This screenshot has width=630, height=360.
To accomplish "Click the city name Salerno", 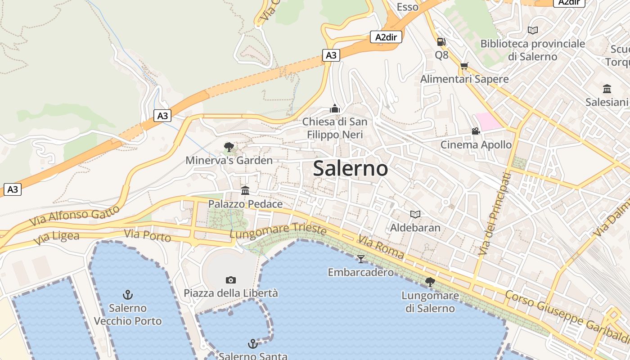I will (x=350, y=168).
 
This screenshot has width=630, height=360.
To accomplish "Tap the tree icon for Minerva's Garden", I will (x=229, y=147).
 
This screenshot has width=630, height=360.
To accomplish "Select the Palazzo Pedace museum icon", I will (x=245, y=190).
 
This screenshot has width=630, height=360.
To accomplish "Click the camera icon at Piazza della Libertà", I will (x=230, y=280).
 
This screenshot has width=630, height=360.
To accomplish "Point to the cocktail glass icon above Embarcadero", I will (x=360, y=259).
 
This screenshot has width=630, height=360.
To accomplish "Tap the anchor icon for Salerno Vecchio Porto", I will (x=128, y=295).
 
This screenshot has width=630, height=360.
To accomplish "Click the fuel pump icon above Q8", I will (x=441, y=42).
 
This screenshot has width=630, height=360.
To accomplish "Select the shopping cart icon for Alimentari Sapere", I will (x=464, y=66).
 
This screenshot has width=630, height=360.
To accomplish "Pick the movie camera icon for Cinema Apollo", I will (x=476, y=131).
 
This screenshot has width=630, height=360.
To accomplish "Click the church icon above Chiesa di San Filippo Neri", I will (x=334, y=108).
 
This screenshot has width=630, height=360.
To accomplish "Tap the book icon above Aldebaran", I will (x=415, y=214).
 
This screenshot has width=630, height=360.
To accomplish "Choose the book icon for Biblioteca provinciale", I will (x=532, y=30).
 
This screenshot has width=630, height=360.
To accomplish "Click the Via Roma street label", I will (x=381, y=247).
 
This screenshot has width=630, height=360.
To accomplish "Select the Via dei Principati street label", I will (x=494, y=214).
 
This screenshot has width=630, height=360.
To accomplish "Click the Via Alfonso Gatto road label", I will (x=75, y=216).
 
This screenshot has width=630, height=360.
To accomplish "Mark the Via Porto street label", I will (x=147, y=235).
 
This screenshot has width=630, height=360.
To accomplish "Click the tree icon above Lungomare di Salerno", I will (x=430, y=282).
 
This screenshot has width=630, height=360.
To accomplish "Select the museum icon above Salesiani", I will (x=607, y=89).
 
